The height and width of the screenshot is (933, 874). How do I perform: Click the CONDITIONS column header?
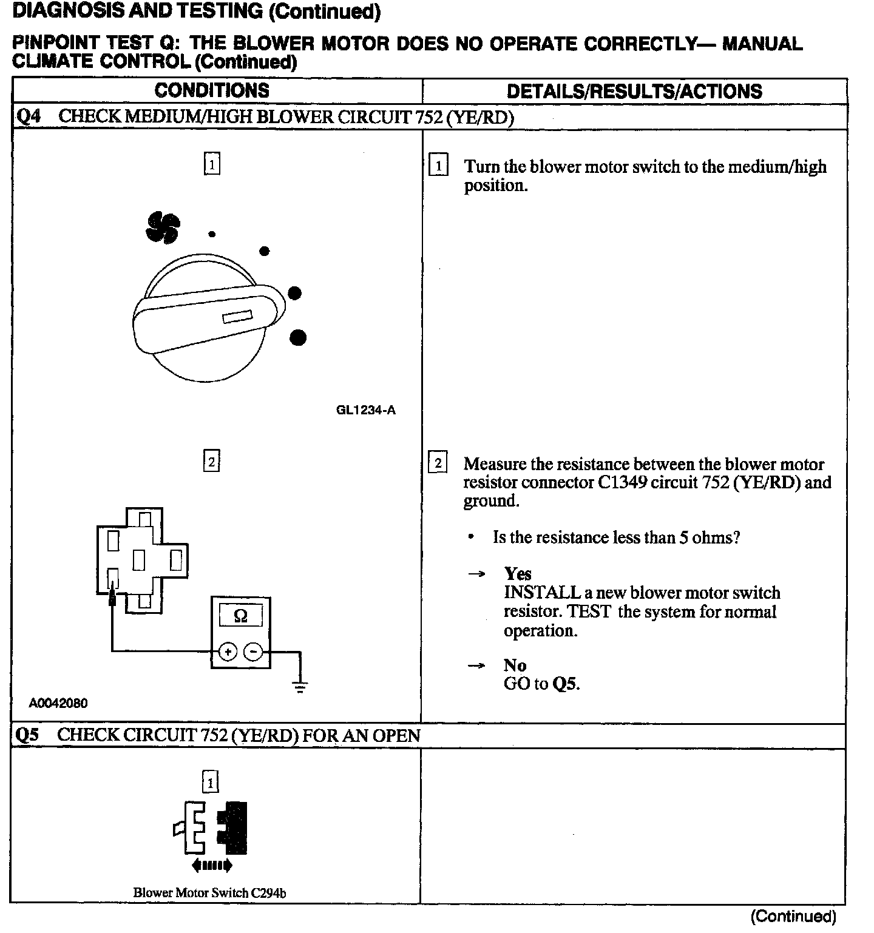(212, 91)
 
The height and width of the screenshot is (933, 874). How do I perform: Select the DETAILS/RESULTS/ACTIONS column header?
(634, 92)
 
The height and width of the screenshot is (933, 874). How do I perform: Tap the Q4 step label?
(28, 116)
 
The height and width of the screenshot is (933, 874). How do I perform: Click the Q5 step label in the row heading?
(27, 736)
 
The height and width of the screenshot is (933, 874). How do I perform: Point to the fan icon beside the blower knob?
(163, 228)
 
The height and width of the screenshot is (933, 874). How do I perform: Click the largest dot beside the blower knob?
(297, 337)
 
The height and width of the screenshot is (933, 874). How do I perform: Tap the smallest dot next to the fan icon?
(212, 234)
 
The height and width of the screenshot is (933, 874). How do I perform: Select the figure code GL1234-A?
(365, 410)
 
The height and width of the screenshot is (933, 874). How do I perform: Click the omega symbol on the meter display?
(240, 616)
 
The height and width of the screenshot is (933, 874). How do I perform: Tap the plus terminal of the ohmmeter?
(228, 652)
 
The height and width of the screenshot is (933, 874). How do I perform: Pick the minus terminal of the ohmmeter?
(253, 652)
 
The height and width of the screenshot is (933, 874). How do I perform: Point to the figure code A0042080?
(58, 703)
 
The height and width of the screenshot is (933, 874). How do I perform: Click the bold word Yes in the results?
(518, 574)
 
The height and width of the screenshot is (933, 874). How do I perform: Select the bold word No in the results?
(515, 665)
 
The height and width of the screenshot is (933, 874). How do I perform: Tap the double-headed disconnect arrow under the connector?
(211, 866)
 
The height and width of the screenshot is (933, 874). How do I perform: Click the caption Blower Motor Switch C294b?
(209, 892)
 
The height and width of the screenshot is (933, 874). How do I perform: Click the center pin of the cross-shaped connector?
(139, 559)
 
